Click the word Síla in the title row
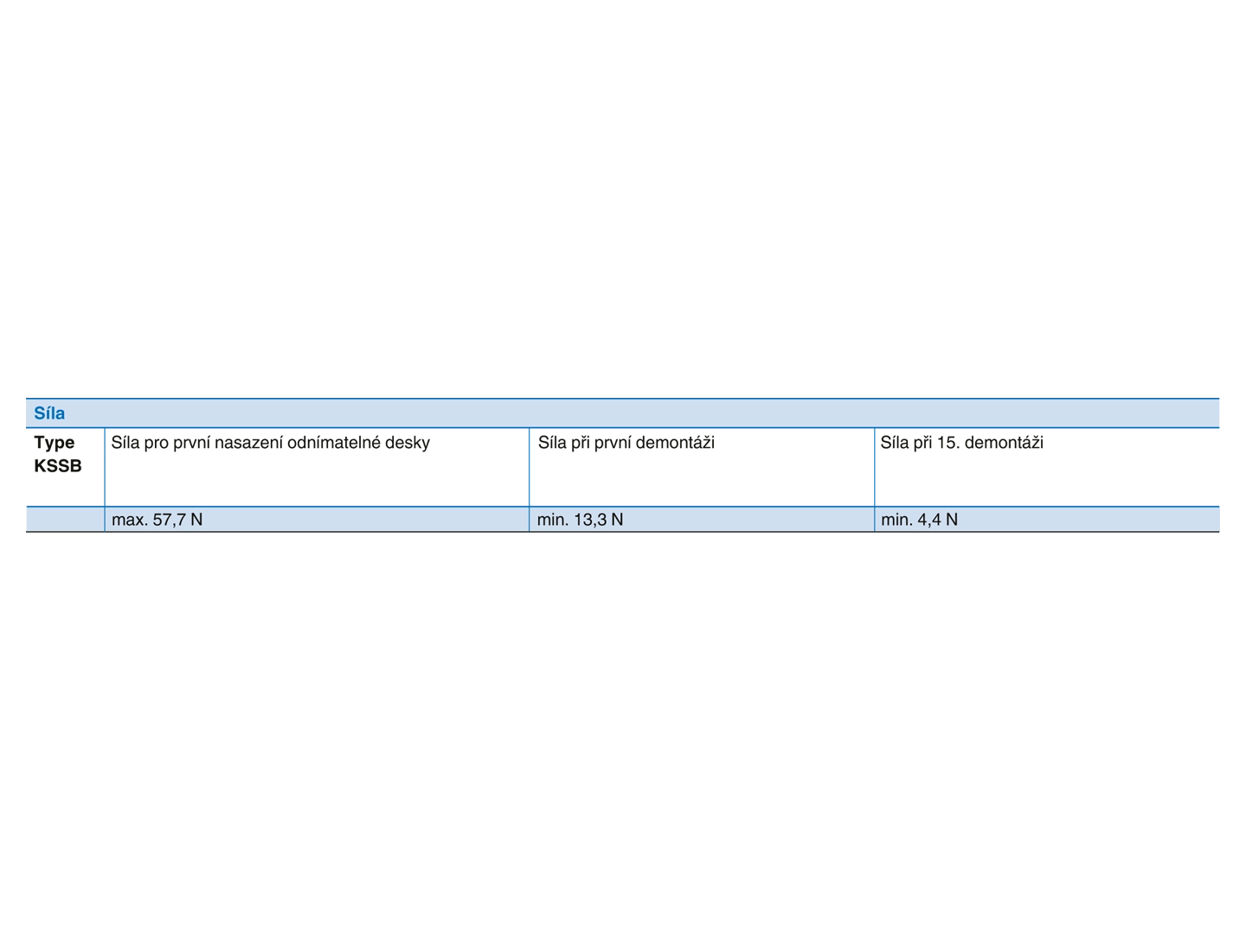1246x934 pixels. pos(49,413)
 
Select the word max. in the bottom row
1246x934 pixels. pos(129,520)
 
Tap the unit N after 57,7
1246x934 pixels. pos(196,520)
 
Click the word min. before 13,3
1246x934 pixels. pos(552,520)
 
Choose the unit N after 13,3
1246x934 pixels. pos(617,520)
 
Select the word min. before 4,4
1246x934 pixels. pos(896,520)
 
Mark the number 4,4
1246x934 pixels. pos(929,520)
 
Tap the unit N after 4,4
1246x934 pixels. pos(952,520)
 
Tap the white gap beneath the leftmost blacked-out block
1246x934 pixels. pos(63,490)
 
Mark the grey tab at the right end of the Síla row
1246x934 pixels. pos(1222,413)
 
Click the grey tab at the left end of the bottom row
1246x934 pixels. pos(23,519)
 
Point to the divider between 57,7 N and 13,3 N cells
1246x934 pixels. pos(529,520)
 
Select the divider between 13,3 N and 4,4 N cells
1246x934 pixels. pos(874,520)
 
